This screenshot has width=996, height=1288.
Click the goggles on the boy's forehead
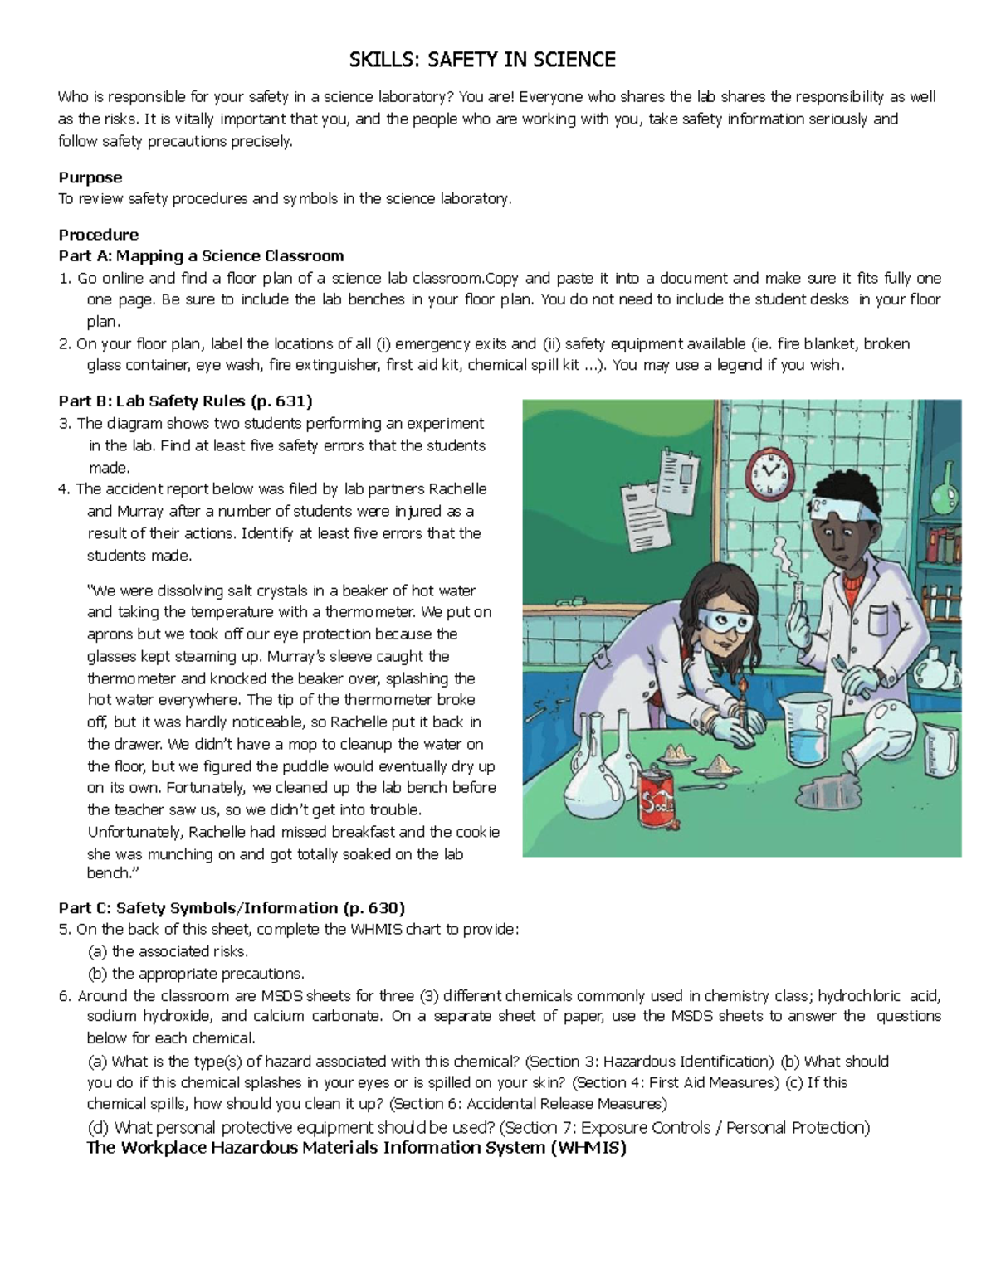point(846,512)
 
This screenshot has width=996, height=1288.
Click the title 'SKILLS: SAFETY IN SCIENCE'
point(482,60)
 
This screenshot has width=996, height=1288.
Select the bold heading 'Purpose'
point(90,177)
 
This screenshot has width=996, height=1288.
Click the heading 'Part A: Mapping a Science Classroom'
point(201,255)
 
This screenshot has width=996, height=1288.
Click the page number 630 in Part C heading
point(384,908)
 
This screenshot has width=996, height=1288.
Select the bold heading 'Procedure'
point(98,235)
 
